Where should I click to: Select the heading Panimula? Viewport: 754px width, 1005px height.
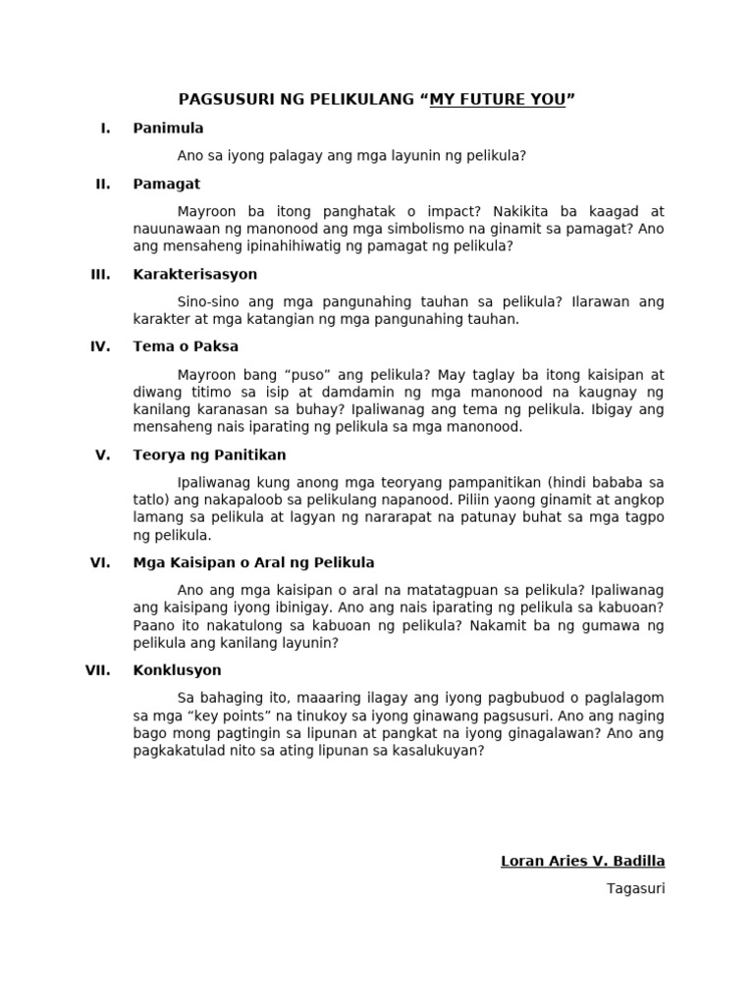168,128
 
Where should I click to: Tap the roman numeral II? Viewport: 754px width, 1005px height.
102,184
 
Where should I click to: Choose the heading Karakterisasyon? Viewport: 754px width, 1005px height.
195,274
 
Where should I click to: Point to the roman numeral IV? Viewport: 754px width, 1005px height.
101,345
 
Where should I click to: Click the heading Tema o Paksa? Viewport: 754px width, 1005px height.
186,345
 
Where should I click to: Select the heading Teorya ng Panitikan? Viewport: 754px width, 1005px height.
209,454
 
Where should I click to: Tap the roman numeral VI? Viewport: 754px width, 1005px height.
101,562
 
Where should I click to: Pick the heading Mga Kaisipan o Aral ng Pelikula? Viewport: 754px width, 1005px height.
253,562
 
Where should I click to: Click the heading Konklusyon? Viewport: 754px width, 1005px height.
177,670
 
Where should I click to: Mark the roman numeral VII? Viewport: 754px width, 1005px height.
98,670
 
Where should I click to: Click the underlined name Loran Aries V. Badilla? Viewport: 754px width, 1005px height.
582,862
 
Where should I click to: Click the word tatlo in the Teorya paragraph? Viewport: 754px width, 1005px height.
150,500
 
